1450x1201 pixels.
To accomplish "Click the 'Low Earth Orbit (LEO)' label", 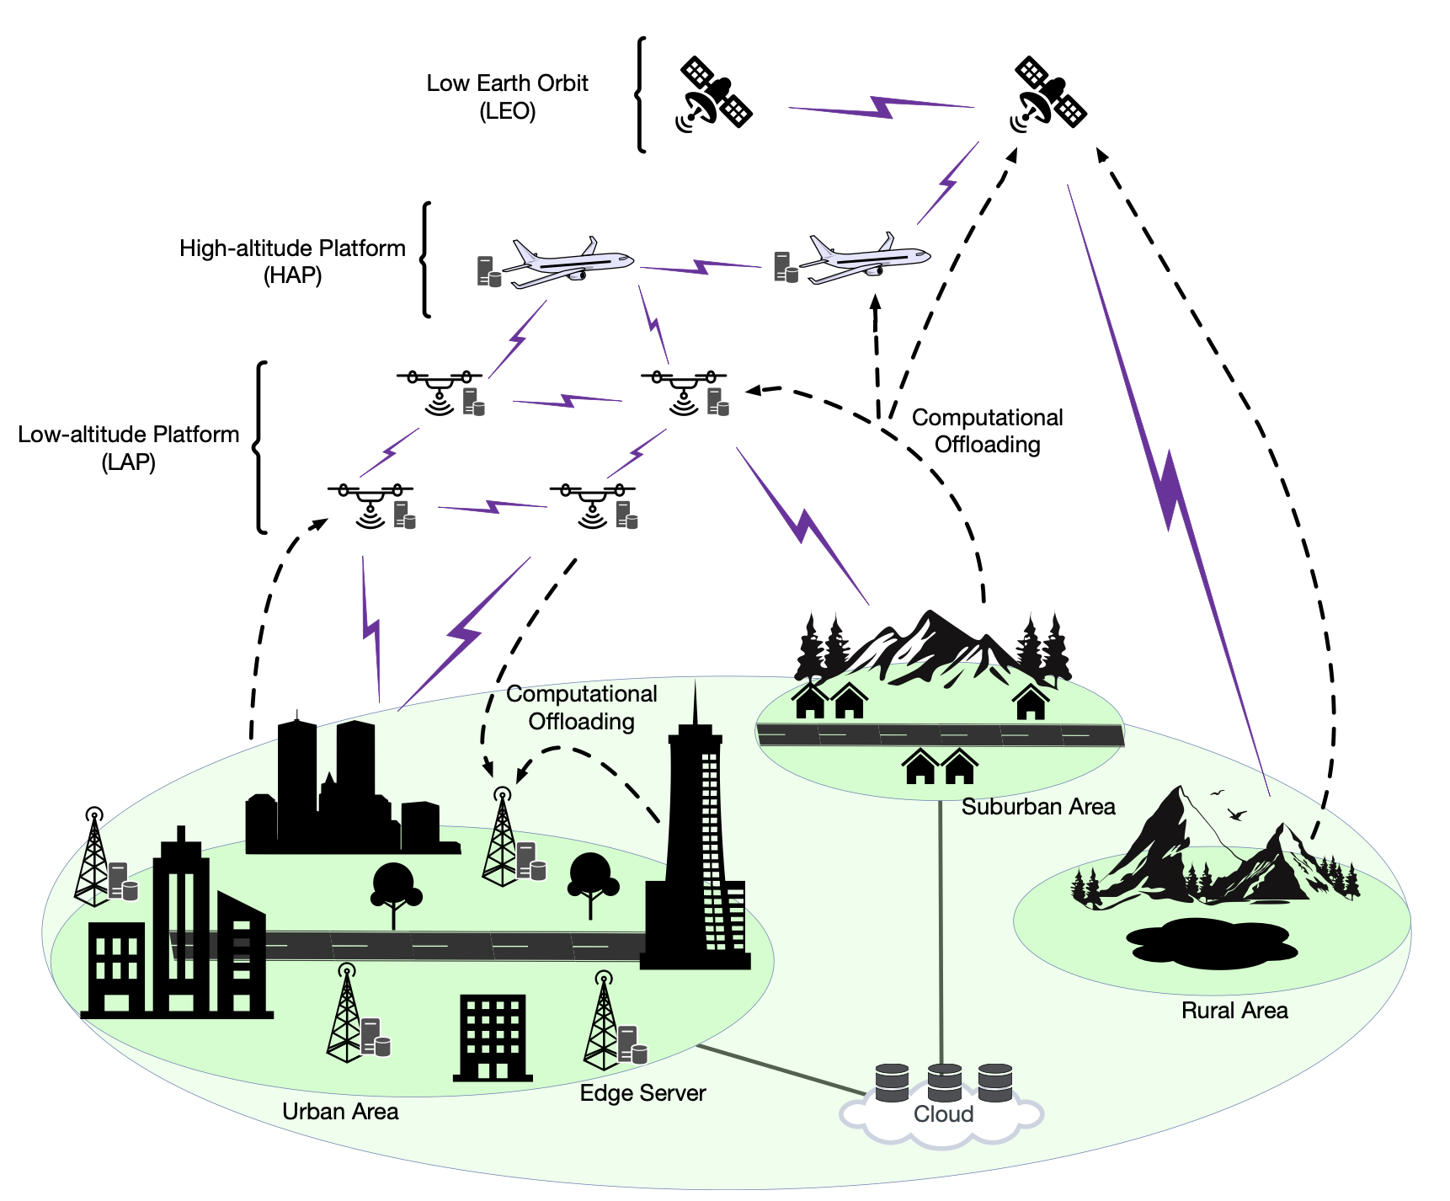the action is tap(507, 97).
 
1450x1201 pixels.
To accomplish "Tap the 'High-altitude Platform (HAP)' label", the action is tap(292, 262).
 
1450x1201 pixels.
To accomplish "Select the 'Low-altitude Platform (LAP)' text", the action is tap(129, 448).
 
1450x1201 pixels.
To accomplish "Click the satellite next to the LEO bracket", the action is tap(714, 93).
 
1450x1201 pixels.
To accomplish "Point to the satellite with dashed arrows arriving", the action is tap(1048, 93).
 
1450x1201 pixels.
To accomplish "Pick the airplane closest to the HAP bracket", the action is tap(568, 262).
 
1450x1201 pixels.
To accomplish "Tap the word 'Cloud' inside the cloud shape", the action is tap(943, 1114).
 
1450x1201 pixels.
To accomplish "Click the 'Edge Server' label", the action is tap(642, 1093).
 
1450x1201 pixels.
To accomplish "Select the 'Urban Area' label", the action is tap(340, 1112).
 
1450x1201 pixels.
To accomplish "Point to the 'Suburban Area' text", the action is tap(1038, 807).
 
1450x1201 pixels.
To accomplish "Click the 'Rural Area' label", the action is tap(1234, 1011).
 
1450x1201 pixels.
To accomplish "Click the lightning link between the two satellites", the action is tap(881, 107).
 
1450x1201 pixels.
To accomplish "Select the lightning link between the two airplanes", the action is tap(701, 267).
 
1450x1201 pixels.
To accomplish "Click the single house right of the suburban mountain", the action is tap(1031, 702).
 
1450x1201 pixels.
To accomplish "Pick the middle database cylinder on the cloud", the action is tap(944, 1082).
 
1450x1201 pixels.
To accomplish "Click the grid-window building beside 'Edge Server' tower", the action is tap(493, 1038).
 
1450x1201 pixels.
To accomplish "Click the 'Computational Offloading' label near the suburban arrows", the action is tap(987, 431).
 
